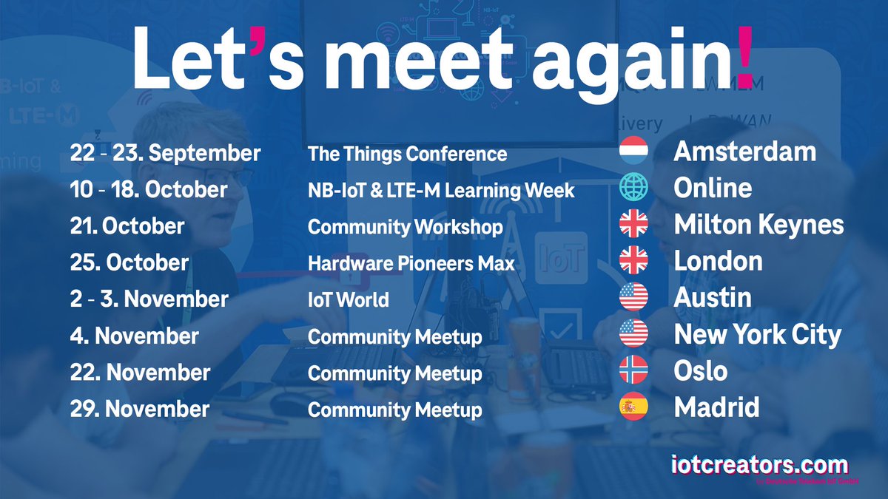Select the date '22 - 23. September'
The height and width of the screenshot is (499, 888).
165,153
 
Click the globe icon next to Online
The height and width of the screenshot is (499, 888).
633,188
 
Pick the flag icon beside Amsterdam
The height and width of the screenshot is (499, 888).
633,152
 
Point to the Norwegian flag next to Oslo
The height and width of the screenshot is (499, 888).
633,370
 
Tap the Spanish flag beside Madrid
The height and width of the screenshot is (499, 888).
633,407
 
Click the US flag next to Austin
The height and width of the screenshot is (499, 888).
633,297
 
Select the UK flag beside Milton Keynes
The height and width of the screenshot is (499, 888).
633,225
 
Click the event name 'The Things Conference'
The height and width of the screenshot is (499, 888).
407,154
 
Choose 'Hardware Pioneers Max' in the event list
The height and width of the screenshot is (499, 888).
411,262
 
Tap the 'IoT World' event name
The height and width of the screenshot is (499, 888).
348,299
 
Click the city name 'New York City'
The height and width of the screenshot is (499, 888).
758,335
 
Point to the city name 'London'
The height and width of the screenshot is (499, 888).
718,261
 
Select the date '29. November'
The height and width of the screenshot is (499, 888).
140,409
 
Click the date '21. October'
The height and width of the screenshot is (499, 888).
127,226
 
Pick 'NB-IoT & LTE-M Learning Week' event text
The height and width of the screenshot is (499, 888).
441,190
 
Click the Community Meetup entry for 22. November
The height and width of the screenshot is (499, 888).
394,373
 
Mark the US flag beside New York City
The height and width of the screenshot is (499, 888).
633,334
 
